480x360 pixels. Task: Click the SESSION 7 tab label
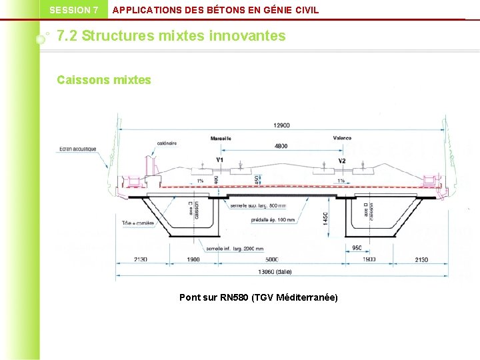(73, 10)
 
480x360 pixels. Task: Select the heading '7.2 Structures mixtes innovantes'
(171, 36)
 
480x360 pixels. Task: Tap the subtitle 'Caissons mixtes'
(104, 80)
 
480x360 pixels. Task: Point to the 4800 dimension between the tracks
(281, 146)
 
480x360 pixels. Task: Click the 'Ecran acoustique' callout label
(77, 149)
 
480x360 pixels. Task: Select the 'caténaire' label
(167, 143)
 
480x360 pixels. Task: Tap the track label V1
(220, 161)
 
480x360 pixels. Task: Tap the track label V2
(342, 161)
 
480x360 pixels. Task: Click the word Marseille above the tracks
(221, 139)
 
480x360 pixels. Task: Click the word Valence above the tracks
(342, 139)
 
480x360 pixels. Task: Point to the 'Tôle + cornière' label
(138, 223)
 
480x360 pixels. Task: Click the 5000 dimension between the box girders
(271, 259)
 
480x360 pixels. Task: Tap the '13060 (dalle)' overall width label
(274, 272)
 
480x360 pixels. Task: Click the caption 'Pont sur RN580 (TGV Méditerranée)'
(259, 297)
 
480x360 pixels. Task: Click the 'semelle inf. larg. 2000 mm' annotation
(235, 248)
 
